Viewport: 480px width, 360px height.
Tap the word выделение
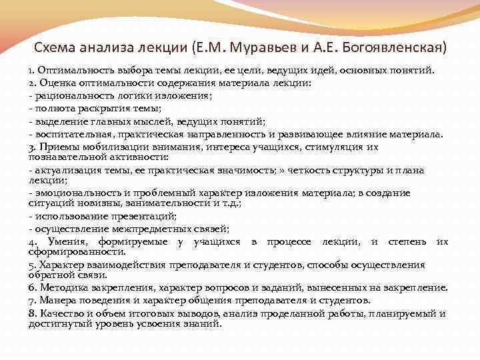[x=60, y=121]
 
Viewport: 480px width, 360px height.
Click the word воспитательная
[x=71, y=133]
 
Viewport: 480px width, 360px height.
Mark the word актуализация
[x=67, y=170]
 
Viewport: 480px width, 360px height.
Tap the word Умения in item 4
[x=67, y=241]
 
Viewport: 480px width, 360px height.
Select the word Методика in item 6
[x=62, y=287]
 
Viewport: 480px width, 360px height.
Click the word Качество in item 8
[x=59, y=313]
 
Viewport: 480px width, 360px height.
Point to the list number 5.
[x=31, y=265]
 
